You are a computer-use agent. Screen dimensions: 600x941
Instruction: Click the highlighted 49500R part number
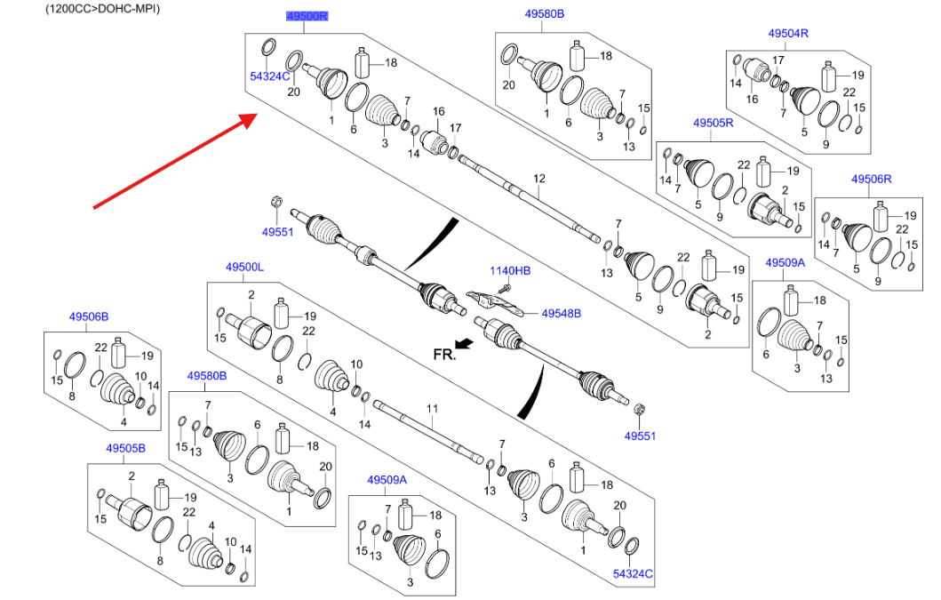click(x=307, y=16)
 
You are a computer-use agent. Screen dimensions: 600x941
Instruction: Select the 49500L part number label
click(x=244, y=267)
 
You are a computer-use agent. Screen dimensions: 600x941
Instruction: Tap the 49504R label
click(x=788, y=34)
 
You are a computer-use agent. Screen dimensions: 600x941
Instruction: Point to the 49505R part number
click(x=714, y=123)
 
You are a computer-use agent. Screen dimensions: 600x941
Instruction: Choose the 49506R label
click(x=872, y=180)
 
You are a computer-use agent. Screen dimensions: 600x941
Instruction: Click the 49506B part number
click(x=89, y=316)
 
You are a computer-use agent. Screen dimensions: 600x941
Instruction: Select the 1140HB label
click(x=510, y=270)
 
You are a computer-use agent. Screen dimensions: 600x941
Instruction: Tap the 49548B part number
click(x=561, y=313)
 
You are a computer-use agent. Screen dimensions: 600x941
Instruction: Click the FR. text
click(x=443, y=353)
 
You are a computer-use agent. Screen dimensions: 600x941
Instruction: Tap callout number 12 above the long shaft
click(x=538, y=180)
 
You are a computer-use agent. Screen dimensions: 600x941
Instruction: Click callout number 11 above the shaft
click(x=432, y=410)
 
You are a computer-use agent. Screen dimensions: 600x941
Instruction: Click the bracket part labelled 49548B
click(x=492, y=303)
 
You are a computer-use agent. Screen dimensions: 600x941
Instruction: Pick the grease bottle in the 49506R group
click(x=881, y=216)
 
